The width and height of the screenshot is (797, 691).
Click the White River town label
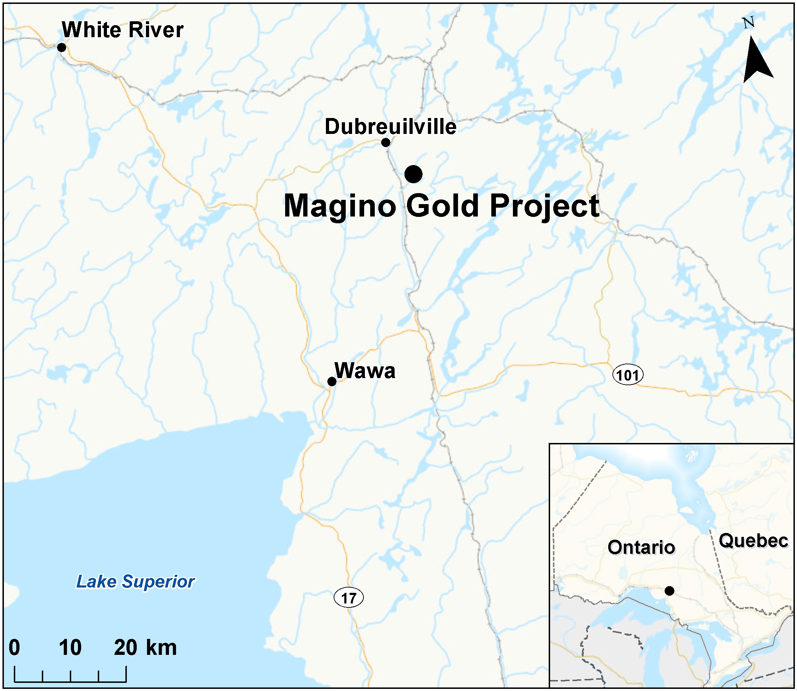(x=123, y=30)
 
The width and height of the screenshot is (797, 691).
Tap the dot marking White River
(x=61, y=47)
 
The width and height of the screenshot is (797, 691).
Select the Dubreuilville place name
(x=390, y=127)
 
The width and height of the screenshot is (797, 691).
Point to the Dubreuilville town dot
(x=385, y=143)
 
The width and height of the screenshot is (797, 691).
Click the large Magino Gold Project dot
(x=413, y=174)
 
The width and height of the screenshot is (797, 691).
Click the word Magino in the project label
(x=340, y=206)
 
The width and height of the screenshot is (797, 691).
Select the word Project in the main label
(x=544, y=206)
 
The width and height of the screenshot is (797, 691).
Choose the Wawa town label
(x=364, y=371)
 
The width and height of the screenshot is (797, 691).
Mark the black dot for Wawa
(x=332, y=382)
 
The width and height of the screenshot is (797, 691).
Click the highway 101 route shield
(x=628, y=375)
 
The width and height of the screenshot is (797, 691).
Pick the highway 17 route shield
(x=349, y=598)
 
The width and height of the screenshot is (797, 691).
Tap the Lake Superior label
(x=135, y=582)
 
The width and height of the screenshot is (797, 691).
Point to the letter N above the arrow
(x=748, y=23)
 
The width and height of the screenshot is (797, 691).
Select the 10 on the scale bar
(x=70, y=647)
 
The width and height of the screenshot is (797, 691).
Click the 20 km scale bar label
(x=145, y=647)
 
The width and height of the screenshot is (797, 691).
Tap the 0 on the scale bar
(x=14, y=647)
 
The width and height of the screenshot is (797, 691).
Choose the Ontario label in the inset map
(x=641, y=547)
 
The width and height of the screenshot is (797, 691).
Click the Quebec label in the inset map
(x=753, y=541)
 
